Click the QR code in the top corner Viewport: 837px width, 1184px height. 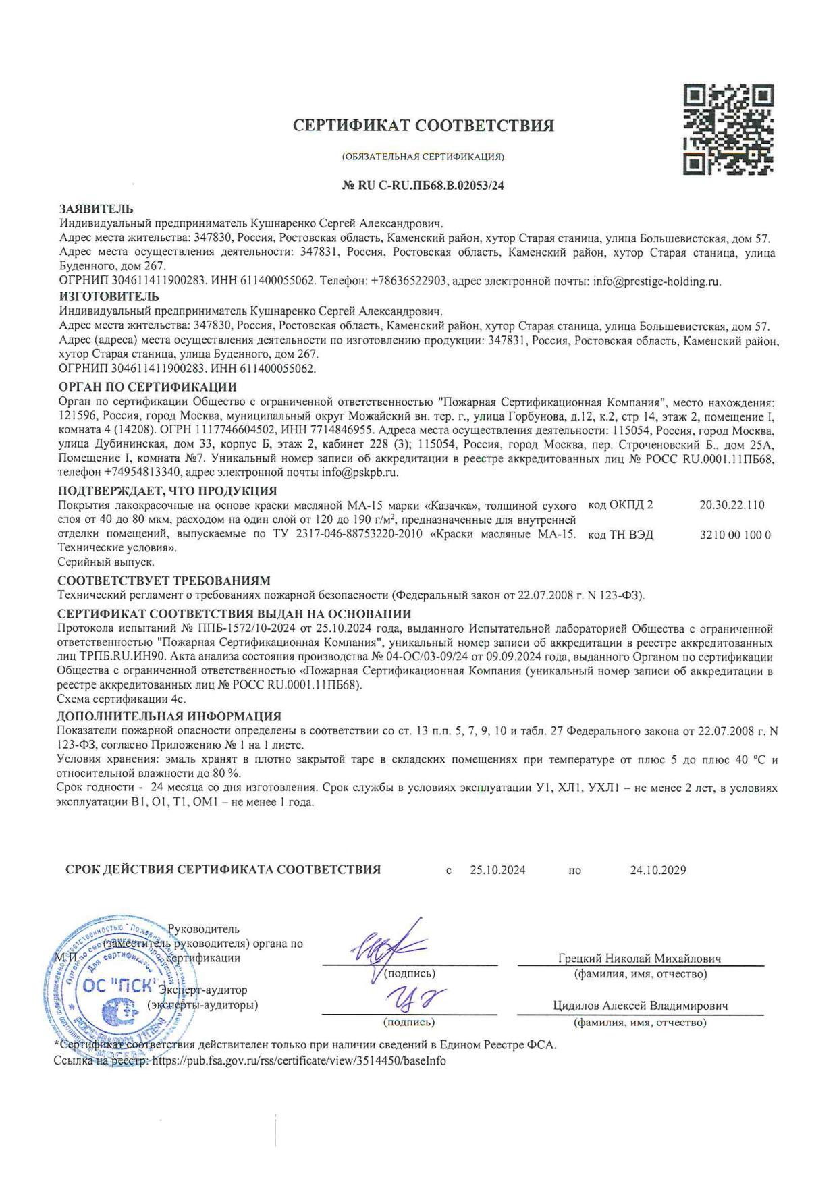728,129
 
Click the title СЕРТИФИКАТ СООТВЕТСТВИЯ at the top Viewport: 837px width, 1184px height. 423,126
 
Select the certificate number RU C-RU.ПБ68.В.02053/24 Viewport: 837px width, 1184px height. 423,186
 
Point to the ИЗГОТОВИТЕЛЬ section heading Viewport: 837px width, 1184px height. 109,296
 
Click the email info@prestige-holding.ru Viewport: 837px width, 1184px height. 657,281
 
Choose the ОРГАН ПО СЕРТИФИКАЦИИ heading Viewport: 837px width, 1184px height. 147,387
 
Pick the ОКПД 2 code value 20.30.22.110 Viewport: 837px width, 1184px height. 732,505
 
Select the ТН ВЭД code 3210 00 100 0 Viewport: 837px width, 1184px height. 736,535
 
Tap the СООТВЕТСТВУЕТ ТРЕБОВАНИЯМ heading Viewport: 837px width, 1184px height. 163,581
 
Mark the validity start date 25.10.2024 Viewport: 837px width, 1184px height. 497,871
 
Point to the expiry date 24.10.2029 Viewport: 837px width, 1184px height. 658,871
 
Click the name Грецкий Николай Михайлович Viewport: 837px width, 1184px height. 639,959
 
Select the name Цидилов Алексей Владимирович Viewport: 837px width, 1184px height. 640,1006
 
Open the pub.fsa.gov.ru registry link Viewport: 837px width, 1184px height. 299,1060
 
